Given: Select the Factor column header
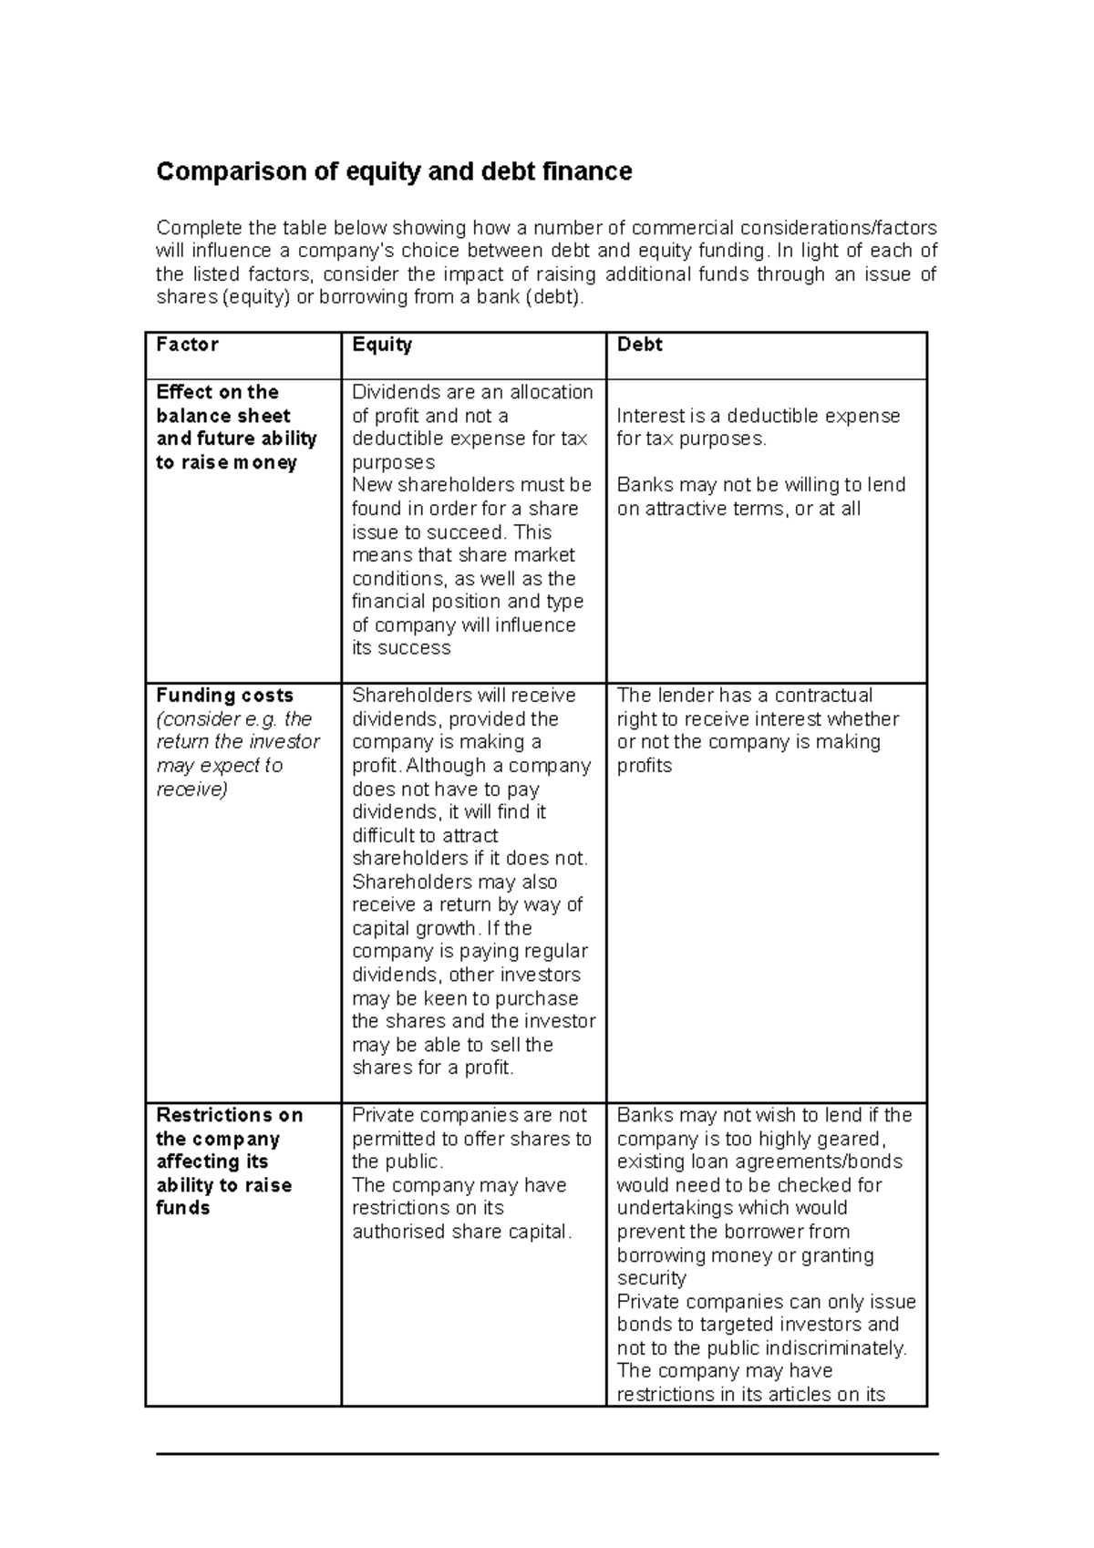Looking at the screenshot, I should [187, 345].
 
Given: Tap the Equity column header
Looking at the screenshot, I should [382, 345].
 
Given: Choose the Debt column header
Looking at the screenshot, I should [639, 345].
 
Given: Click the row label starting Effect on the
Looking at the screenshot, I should [217, 393].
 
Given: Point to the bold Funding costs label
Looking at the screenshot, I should [224, 696].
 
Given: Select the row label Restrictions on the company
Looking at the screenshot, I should [229, 1116].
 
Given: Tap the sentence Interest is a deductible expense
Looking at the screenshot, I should [758, 417].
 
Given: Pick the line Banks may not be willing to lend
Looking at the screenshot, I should [760, 485].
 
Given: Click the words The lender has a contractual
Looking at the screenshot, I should [744, 696].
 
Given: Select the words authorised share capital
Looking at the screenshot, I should [461, 1233].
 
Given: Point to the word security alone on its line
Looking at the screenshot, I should [651, 1279].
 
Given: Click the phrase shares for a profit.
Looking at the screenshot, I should [432, 1068].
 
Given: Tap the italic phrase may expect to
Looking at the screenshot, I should [219, 766].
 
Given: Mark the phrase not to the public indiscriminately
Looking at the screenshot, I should [761, 1348].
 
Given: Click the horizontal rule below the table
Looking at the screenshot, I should [547, 1454].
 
